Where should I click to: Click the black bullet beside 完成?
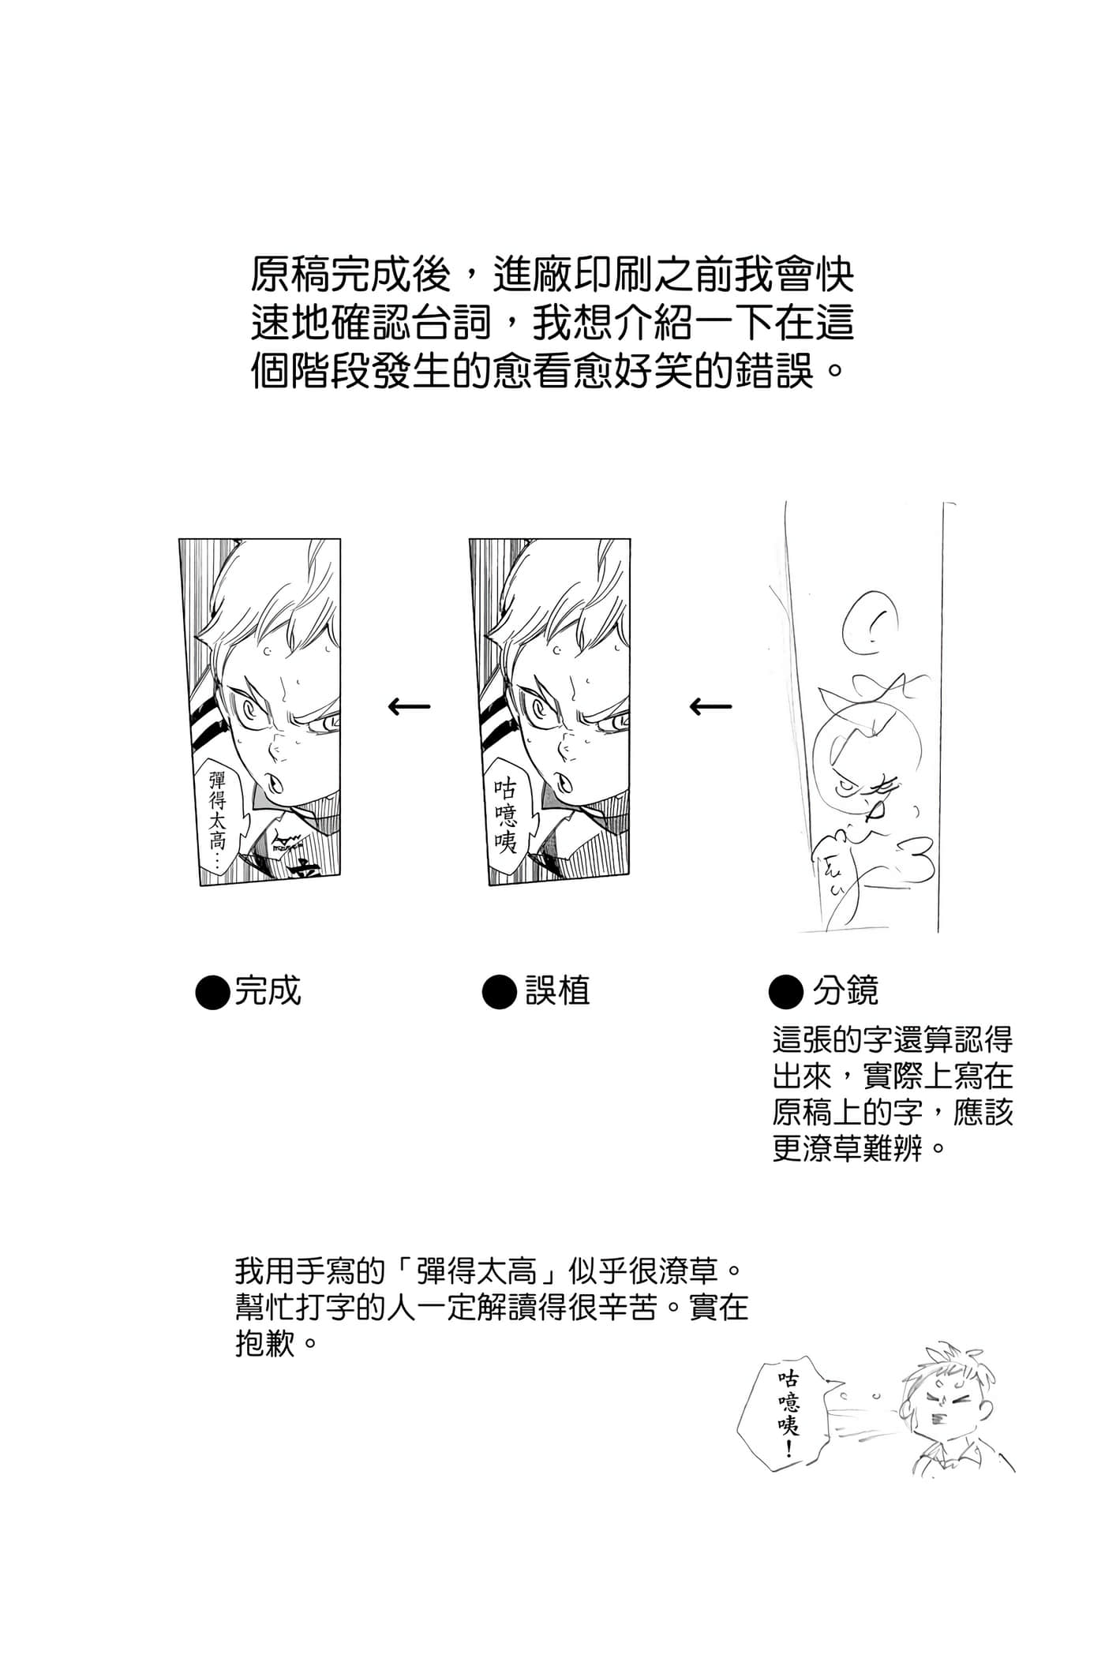(212, 992)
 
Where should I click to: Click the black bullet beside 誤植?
(499, 992)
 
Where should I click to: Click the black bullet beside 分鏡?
(785, 992)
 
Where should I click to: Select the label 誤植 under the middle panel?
(558, 990)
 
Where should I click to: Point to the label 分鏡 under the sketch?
(845, 990)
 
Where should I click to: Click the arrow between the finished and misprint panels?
(410, 705)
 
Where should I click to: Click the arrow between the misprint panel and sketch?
(710, 705)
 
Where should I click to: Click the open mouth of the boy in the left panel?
(275, 780)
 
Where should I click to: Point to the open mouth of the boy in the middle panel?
(565, 780)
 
